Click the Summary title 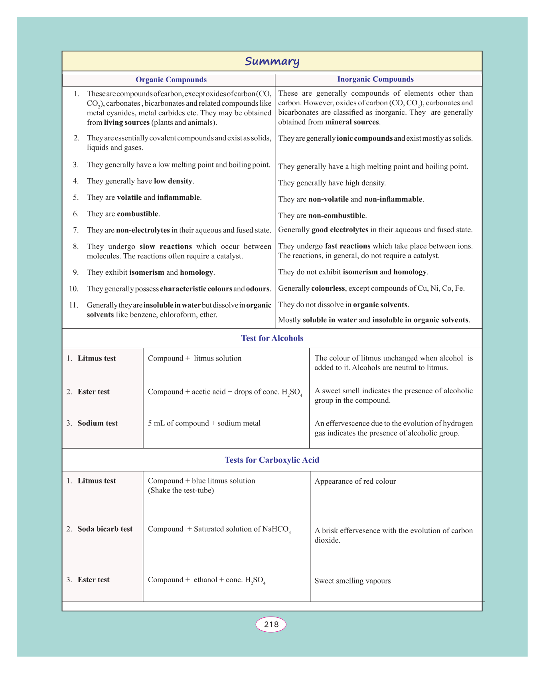[272, 61]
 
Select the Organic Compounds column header [171, 80]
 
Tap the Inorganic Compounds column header [375, 79]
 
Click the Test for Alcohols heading [272, 338]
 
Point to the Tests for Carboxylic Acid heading [272, 460]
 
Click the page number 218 [271, 624]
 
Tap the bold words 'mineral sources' [352, 122]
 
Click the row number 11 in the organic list [74, 305]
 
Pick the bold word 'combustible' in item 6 [138, 214]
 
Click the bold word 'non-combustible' [337, 216]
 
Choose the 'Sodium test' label [97, 423]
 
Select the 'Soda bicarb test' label [105, 529]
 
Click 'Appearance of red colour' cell [355, 481]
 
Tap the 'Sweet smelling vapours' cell [353, 581]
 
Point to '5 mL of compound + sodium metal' [204, 423]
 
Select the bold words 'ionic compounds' [365, 139]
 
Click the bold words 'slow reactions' [166, 246]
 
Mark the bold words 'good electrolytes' [340, 230]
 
